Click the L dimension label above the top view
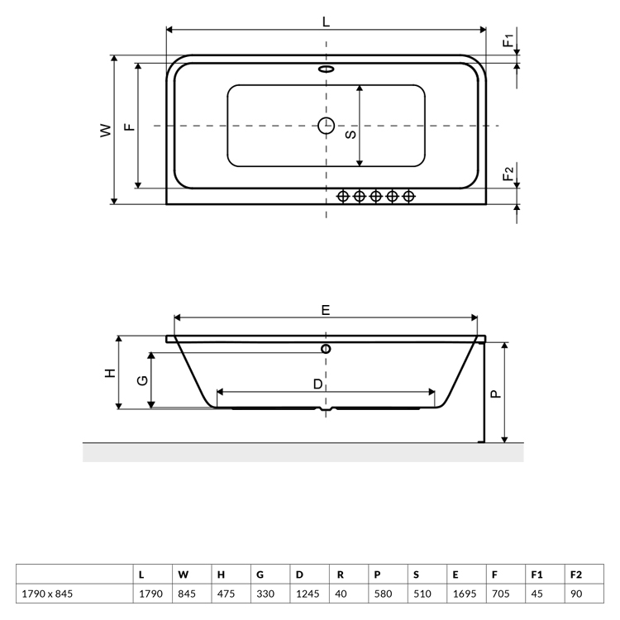point(326,21)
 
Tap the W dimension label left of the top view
point(106,130)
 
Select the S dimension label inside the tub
point(351,135)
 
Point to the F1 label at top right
point(508,41)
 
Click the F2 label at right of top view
point(508,174)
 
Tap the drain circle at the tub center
point(327,126)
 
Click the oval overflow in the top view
point(327,69)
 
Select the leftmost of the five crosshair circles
point(343,196)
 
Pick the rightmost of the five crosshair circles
point(408,196)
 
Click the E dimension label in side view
point(326,310)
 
